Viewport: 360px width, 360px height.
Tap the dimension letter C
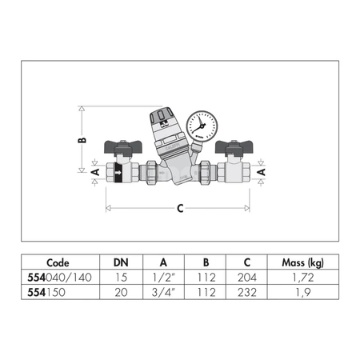pos(181,209)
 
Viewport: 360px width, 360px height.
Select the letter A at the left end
pos(94,172)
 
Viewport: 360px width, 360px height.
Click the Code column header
pos(58,262)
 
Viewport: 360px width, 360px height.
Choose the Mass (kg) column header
pos(303,262)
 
